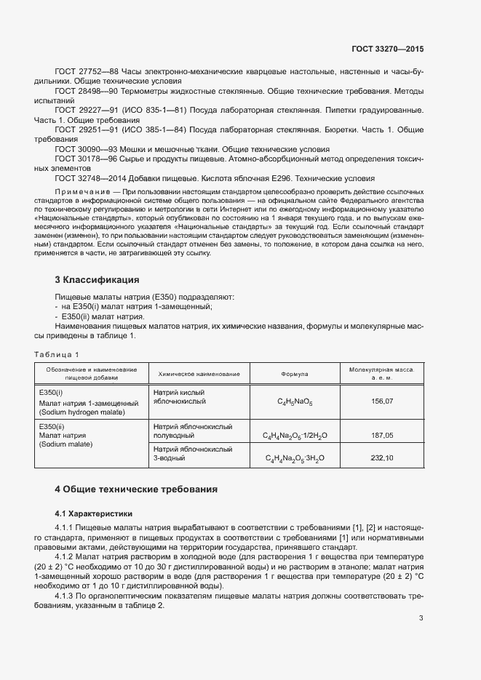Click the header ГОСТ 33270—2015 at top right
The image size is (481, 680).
click(x=386, y=49)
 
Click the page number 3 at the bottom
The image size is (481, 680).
click(x=421, y=618)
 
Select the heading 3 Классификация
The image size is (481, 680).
click(x=97, y=279)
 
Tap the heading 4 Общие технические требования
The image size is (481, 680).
click(x=136, y=489)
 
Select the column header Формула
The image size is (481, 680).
click(x=295, y=374)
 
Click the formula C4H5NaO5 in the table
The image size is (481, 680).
click(x=295, y=401)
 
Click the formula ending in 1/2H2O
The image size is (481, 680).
click(x=295, y=436)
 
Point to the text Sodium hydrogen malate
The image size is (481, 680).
click(x=82, y=412)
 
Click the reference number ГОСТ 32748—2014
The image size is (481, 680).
click(x=86, y=177)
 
